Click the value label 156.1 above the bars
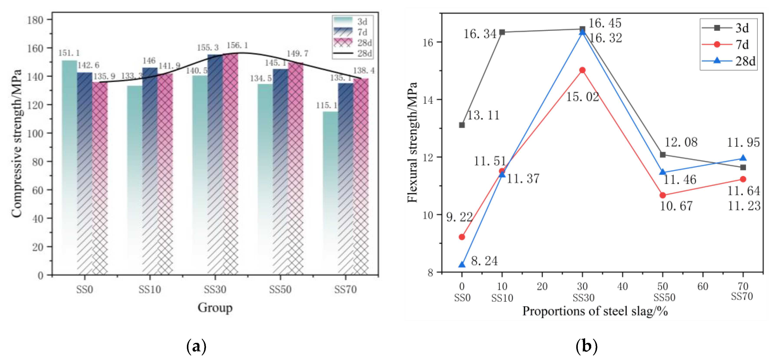pos(237,45)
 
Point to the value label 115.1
pos(327,105)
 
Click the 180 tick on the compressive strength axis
pos(35,20)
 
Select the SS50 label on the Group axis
pos(280,289)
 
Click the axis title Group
pos(215,307)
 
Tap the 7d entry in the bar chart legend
pos(352,32)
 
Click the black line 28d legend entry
pos(352,53)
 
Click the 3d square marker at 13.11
pos(462,125)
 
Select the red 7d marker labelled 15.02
pos(582,70)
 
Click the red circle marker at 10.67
pos(663,195)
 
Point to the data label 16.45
pos(605,23)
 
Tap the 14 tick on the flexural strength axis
pos(428,100)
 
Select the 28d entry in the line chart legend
pos(728,61)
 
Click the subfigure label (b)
pos(586,346)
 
